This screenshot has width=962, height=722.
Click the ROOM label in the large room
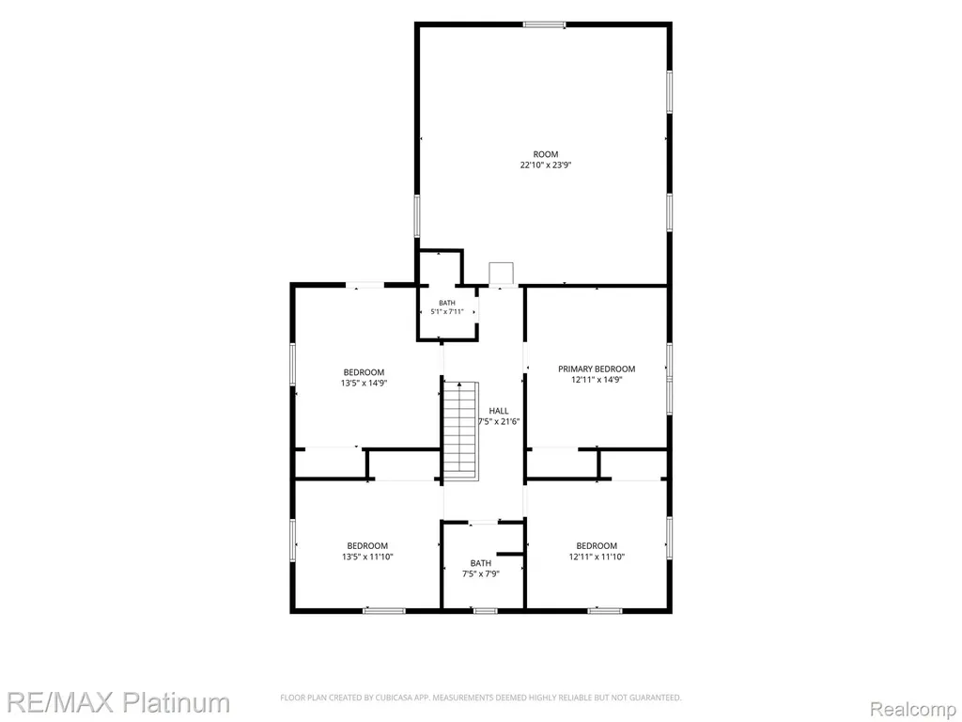pos(546,154)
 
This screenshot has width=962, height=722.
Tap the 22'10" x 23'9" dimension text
pos(546,165)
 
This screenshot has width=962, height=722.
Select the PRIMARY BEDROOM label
pos(597,369)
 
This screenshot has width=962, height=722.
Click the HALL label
pos(499,411)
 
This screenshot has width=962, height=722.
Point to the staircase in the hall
pos(460,431)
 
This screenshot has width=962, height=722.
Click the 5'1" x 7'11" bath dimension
pos(447,312)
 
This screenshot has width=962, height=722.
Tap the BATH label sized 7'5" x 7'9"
pos(481,563)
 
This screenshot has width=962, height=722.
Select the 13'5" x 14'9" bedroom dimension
pos(364,384)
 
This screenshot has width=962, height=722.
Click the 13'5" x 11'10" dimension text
pos(367,557)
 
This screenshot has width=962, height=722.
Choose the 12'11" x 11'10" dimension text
pos(597,557)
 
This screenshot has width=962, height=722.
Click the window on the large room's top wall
pos(544,24)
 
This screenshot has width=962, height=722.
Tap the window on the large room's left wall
pos(417,215)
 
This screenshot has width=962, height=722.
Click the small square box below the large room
pos(502,275)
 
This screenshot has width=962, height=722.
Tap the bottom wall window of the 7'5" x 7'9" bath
pos(485,610)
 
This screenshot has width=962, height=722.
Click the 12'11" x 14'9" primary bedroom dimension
pos(597,380)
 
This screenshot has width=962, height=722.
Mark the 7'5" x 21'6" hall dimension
pos(500,422)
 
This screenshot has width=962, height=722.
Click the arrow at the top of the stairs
pos(459,385)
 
